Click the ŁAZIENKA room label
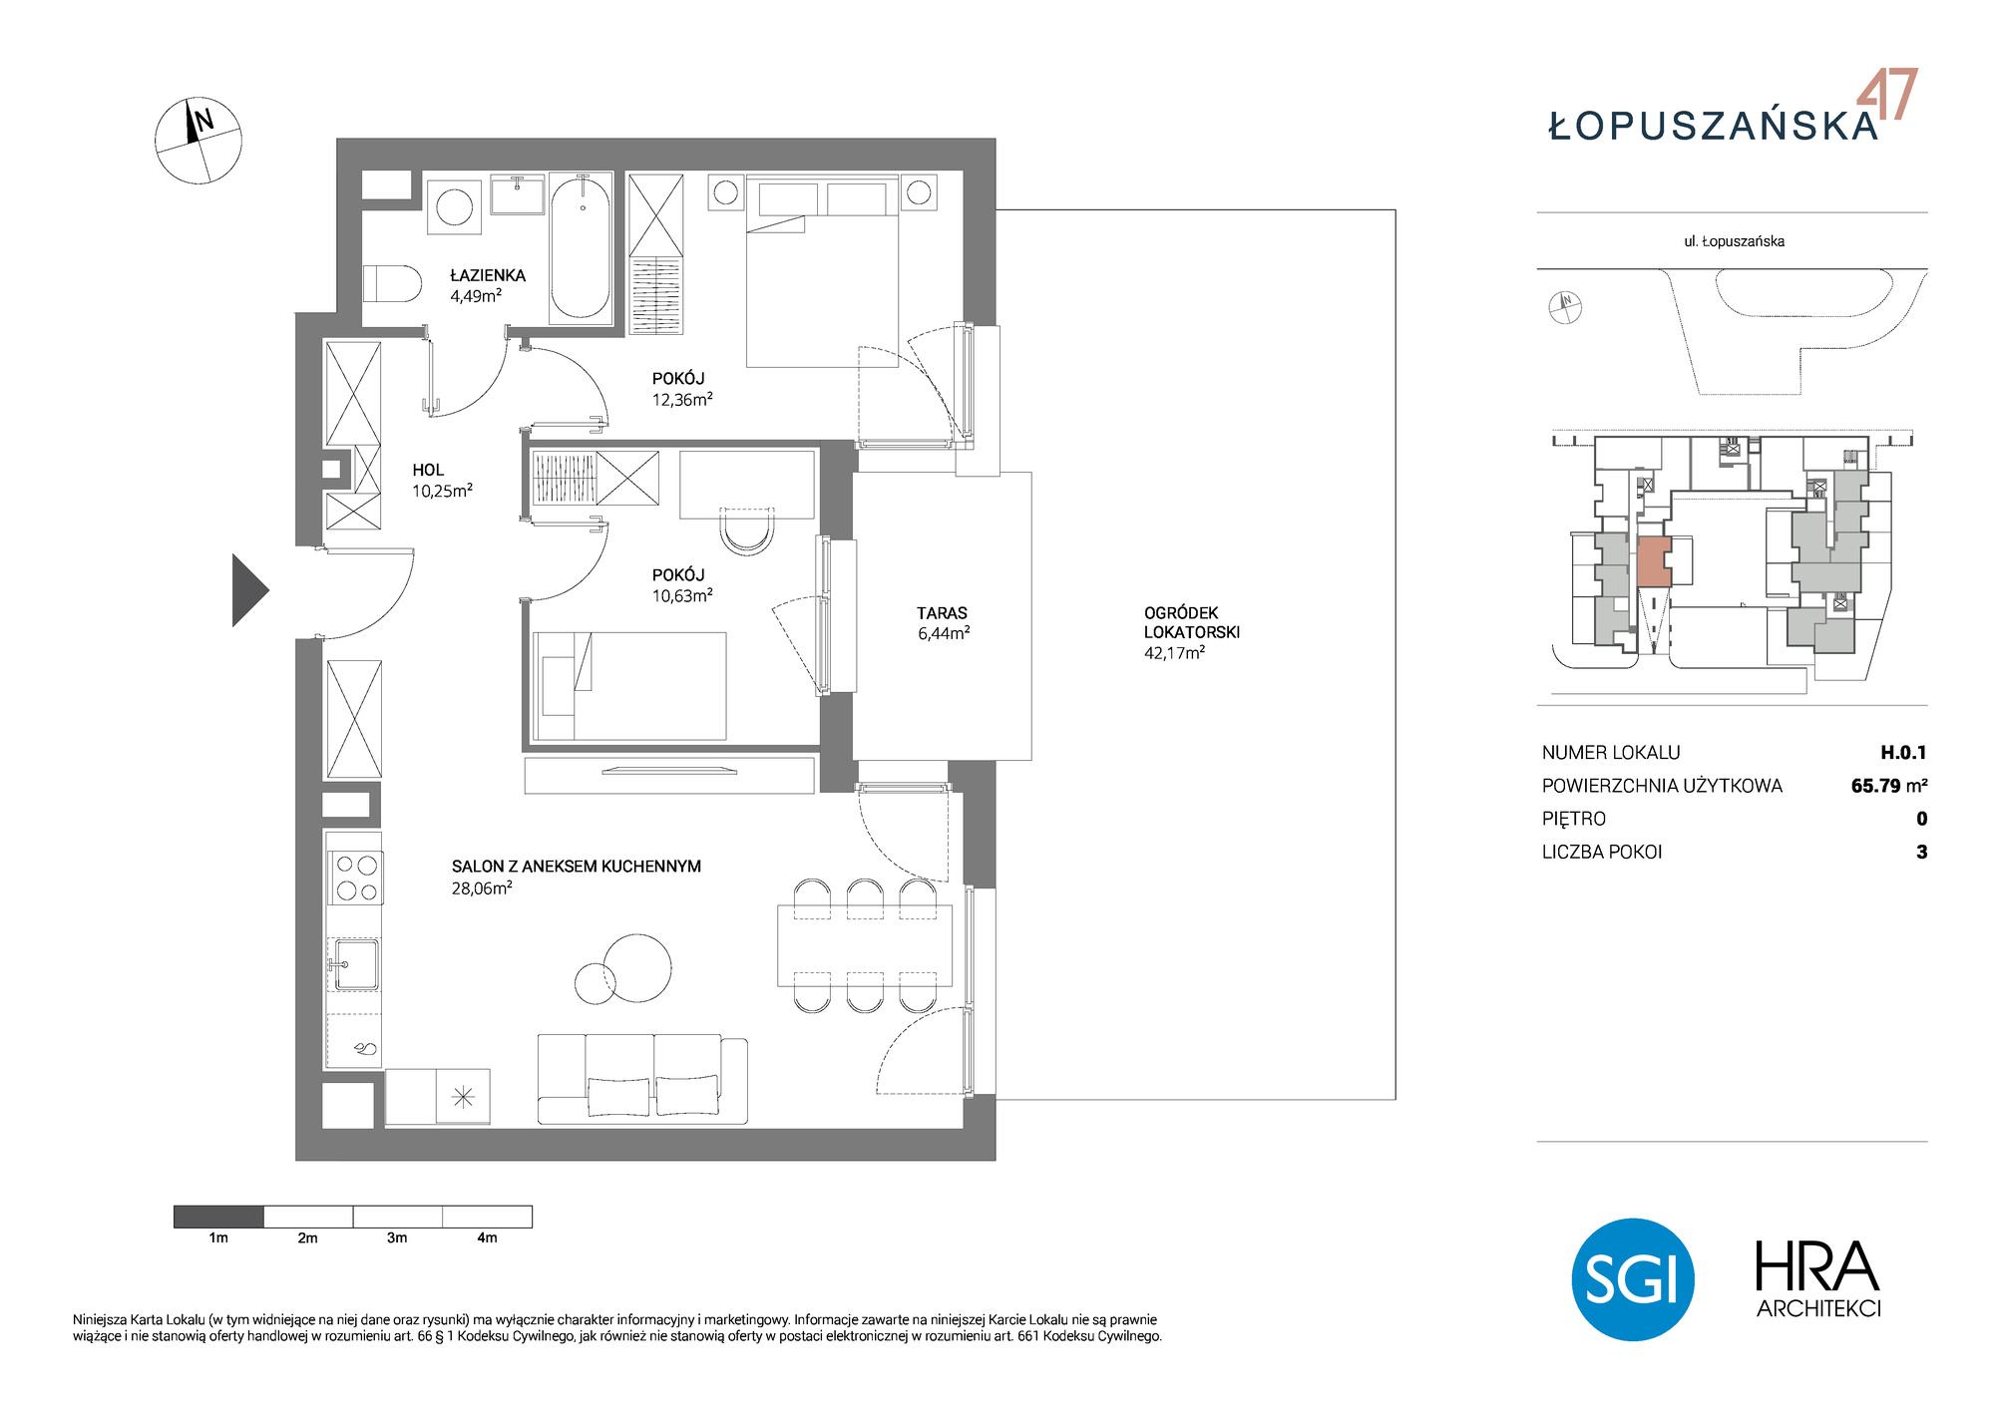click(487, 275)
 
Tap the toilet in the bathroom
click(392, 283)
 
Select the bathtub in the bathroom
click(582, 247)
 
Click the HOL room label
click(428, 470)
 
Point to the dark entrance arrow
click(249, 590)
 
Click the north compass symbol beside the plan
click(199, 141)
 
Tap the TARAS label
click(942, 613)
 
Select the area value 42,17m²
click(1174, 653)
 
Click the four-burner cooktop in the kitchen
click(356, 878)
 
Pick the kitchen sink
click(355, 964)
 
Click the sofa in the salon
click(642, 1079)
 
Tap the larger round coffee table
click(637, 967)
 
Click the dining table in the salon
click(865, 945)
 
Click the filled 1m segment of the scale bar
click(218, 1217)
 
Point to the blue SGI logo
click(1633, 1279)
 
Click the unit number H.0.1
click(1903, 753)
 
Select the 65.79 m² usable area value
click(1889, 786)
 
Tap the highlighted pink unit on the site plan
click(1654, 561)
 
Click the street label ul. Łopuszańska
click(1734, 241)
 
